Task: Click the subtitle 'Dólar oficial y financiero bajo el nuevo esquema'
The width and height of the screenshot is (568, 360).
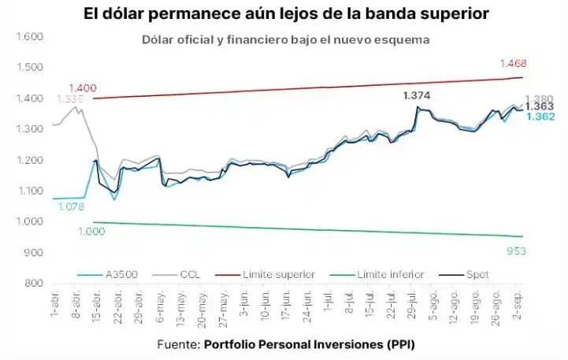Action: coord(286,40)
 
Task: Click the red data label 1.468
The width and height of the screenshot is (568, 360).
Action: coord(512,63)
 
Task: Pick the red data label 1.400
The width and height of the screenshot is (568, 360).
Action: coord(83,87)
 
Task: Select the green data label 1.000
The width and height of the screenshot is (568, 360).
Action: coord(91,231)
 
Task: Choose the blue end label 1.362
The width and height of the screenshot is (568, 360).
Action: coord(540,117)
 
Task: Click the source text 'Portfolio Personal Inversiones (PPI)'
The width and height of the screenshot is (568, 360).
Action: coord(310,344)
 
